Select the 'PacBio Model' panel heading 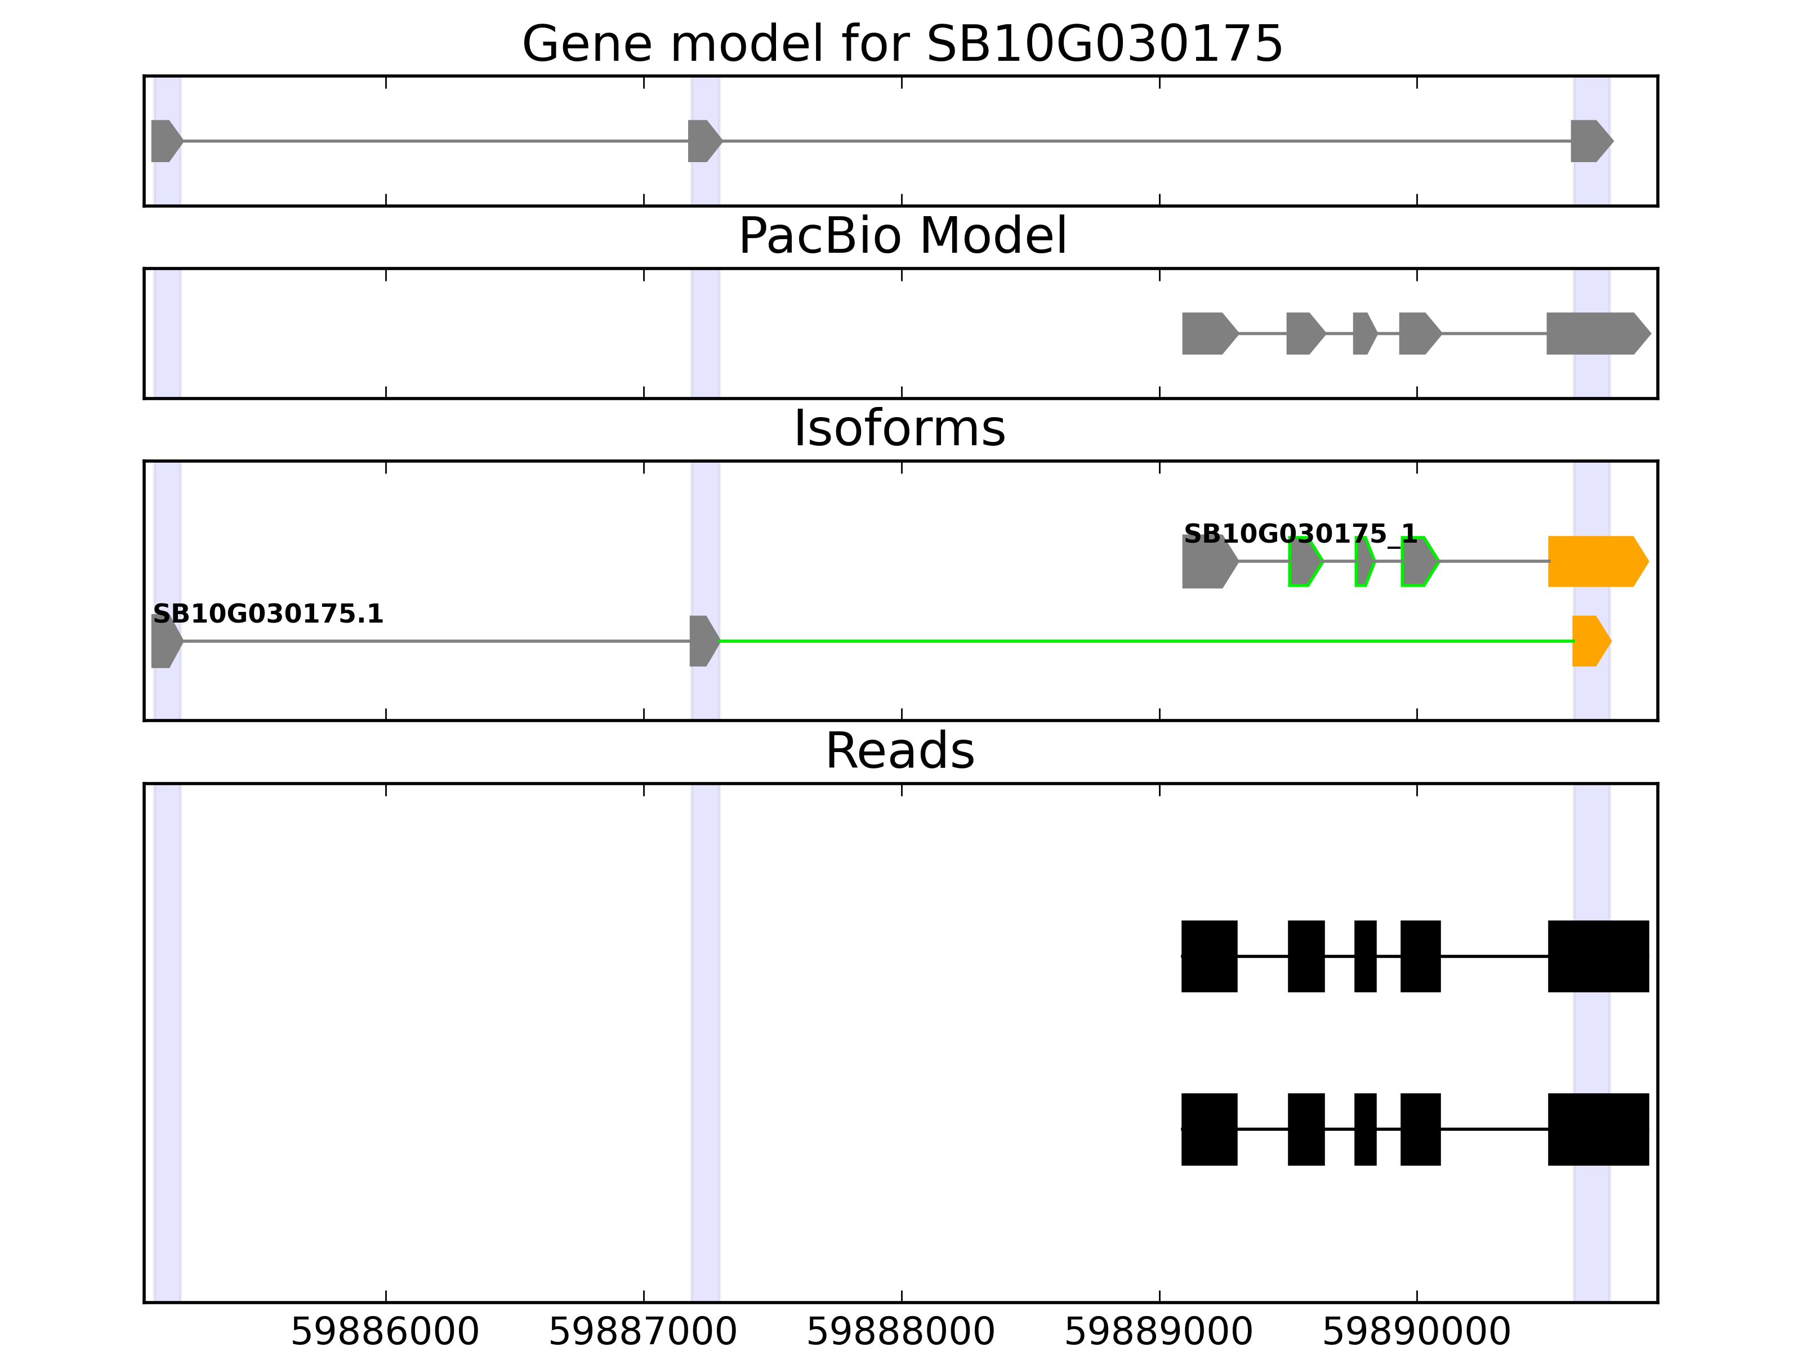901,236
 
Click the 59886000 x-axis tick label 385,1332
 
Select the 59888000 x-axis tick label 900,1332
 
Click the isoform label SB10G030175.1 267,614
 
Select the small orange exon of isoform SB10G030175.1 1589,641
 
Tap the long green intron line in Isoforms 1140,642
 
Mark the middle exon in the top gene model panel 702,141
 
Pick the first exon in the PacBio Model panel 1207,333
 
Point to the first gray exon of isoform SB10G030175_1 1207,561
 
